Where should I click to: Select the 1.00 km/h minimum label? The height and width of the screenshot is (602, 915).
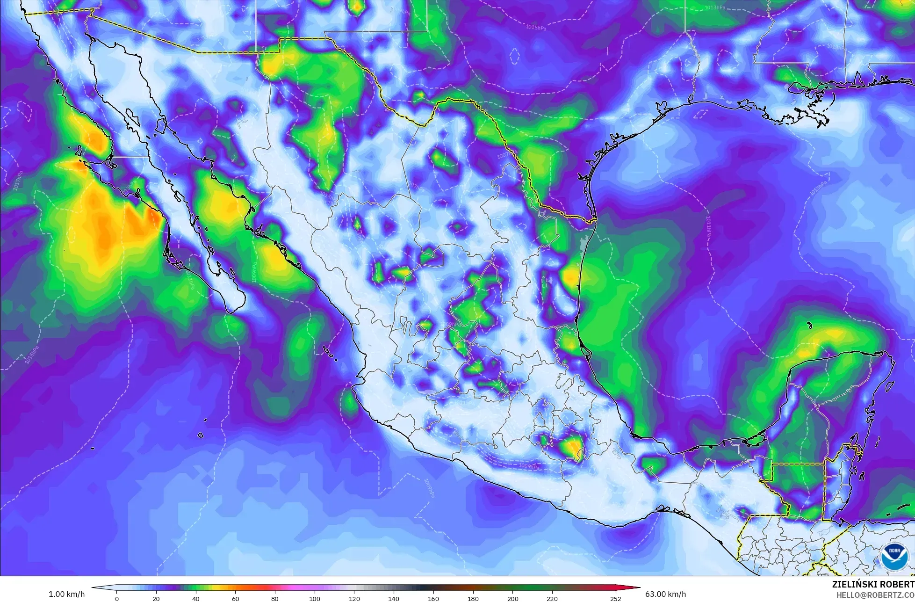pyautogui.click(x=66, y=594)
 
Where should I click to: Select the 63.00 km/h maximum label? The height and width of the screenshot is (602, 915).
pyautogui.click(x=666, y=594)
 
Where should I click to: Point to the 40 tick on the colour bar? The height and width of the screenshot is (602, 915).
pyautogui.click(x=195, y=598)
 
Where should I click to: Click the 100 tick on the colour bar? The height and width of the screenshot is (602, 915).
pyautogui.click(x=314, y=598)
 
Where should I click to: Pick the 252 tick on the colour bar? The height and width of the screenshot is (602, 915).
pyautogui.click(x=615, y=598)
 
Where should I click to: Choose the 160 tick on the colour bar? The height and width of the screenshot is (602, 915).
pyautogui.click(x=433, y=598)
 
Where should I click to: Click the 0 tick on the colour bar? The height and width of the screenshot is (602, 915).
pyautogui.click(x=116, y=598)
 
